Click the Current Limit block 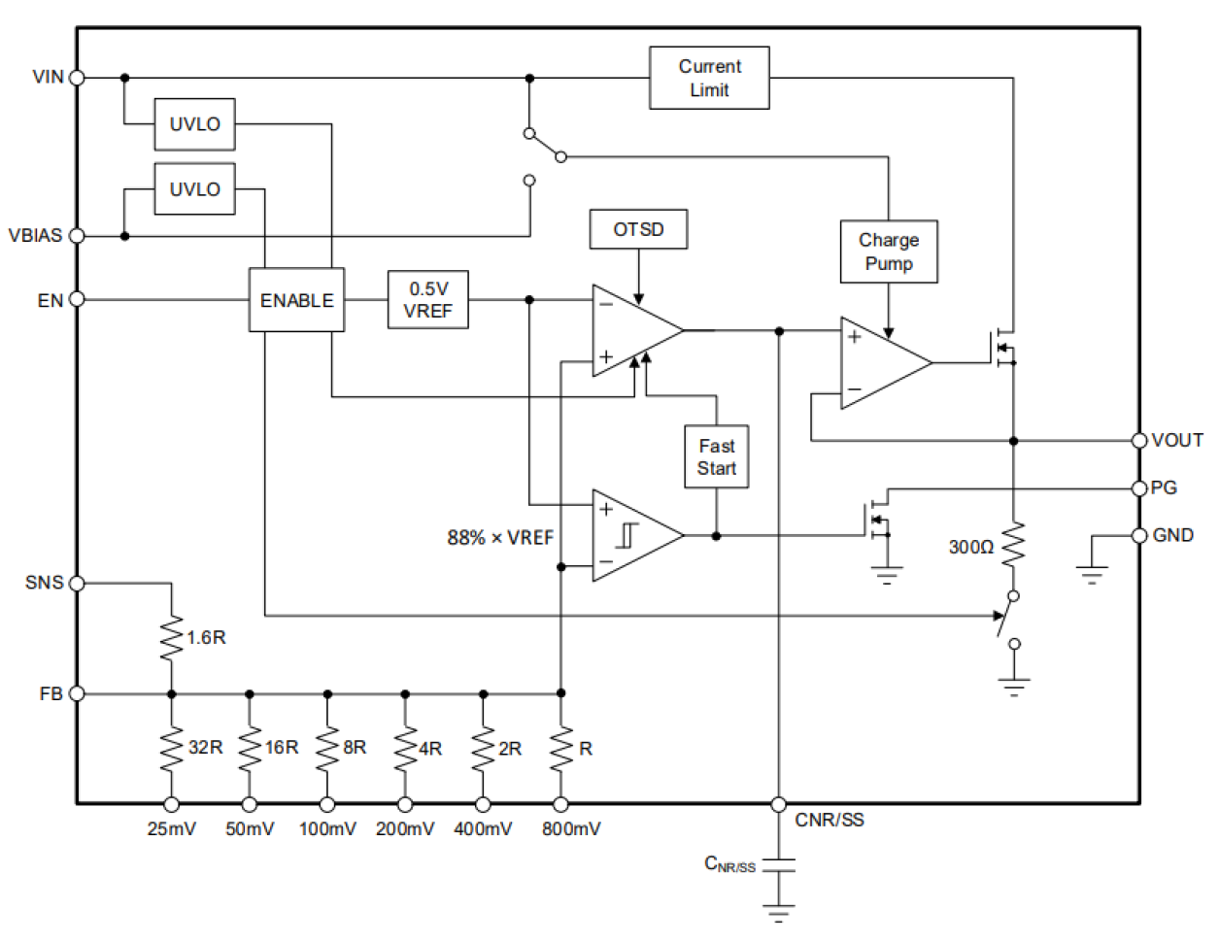click(x=709, y=78)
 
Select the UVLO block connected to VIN click(x=194, y=124)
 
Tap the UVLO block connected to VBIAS click(x=194, y=189)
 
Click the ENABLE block click(x=296, y=300)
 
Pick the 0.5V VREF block click(x=427, y=300)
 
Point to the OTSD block click(x=638, y=230)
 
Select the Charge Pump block click(x=888, y=252)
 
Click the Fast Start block click(x=716, y=456)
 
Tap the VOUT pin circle click(x=1139, y=440)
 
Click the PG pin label click(x=1164, y=488)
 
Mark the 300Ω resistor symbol click(x=1013, y=546)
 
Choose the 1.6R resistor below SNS click(x=171, y=638)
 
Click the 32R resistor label click(x=205, y=747)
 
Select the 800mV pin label click(x=571, y=828)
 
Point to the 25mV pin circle click(x=171, y=804)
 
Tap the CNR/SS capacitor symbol click(x=778, y=864)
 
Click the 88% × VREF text click(x=500, y=537)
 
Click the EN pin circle click(x=77, y=299)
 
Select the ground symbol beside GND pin click(x=1092, y=573)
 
